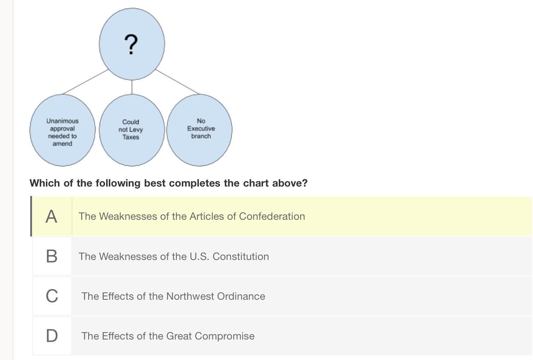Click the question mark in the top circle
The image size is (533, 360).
click(131, 44)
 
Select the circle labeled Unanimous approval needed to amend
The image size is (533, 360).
click(63, 130)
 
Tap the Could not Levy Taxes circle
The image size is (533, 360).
click(132, 130)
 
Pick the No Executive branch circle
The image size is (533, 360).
click(199, 130)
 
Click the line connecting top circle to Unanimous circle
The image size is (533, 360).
click(86, 82)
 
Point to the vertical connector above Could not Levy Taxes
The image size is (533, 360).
click(132, 87)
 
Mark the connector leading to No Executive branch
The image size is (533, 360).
click(177, 82)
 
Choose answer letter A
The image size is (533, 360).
click(51, 216)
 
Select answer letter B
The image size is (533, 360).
click(52, 256)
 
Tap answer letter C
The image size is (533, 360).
click(52, 296)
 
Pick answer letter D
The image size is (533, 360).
click(52, 336)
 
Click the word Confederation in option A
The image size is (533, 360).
click(272, 216)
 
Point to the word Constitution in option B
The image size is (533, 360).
click(241, 257)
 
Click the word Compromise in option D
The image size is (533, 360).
click(225, 336)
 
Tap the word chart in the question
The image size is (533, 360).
click(256, 183)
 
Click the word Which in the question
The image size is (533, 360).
click(45, 183)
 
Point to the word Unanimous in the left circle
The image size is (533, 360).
click(62, 121)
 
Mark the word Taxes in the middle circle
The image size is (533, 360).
click(131, 137)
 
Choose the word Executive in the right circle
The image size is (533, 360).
click(201, 128)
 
